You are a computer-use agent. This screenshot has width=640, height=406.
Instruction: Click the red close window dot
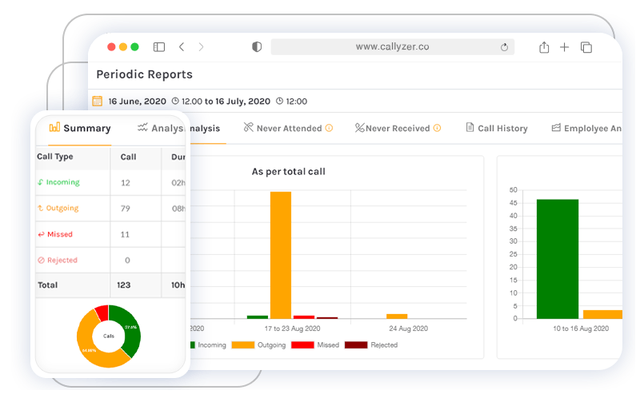coord(111,47)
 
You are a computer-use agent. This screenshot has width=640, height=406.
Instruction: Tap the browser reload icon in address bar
coord(504,47)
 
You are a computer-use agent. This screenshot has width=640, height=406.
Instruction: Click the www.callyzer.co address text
coord(392,47)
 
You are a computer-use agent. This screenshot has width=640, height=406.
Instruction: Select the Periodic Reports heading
coord(144,74)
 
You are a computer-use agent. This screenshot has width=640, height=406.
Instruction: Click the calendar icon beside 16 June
coord(98,101)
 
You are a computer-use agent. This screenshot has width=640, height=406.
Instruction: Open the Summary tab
coord(80,128)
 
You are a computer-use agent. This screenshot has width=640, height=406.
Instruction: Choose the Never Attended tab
coord(288,128)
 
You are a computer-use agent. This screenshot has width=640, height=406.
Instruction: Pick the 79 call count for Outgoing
coord(126,209)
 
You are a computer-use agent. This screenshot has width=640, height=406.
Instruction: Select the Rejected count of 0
coord(127,261)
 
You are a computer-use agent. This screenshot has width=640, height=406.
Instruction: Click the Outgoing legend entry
coord(256,345)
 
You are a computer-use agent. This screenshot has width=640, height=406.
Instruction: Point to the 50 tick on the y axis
coord(513,190)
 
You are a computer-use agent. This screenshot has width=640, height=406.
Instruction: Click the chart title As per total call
coord(288,172)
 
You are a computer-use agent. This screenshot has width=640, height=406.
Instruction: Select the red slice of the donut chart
coord(102,312)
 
